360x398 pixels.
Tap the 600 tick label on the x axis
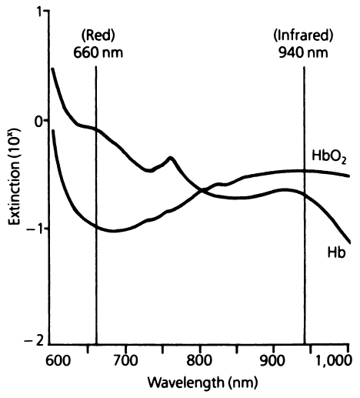(58, 359)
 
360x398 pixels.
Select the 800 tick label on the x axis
(200, 359)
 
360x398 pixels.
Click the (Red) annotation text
(96, 35)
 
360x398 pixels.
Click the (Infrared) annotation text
(303, 35)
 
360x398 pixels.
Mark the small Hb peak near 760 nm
(171, 158)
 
